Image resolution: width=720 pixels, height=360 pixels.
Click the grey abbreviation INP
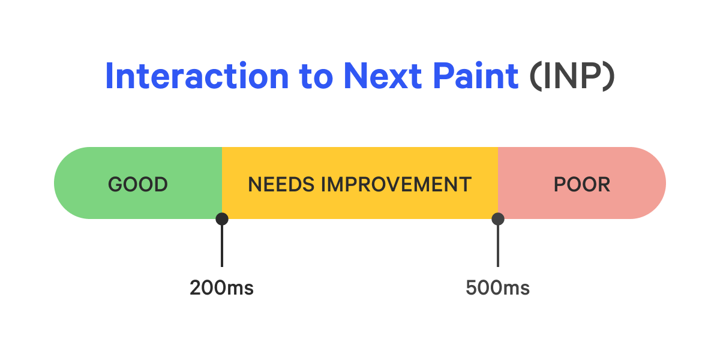click(572, 76)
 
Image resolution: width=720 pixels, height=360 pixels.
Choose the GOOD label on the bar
click(138, 184)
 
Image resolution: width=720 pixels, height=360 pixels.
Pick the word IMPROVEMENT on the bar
click(396, 184)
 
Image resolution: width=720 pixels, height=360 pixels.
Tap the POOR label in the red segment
click(582, 184)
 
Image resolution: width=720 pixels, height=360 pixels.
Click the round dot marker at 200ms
click(222, 219)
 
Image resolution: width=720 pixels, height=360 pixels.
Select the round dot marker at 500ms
click(497, 219)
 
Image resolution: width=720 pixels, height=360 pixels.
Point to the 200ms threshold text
click(222, 288)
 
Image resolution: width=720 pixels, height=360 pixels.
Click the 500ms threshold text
click(497, 288)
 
